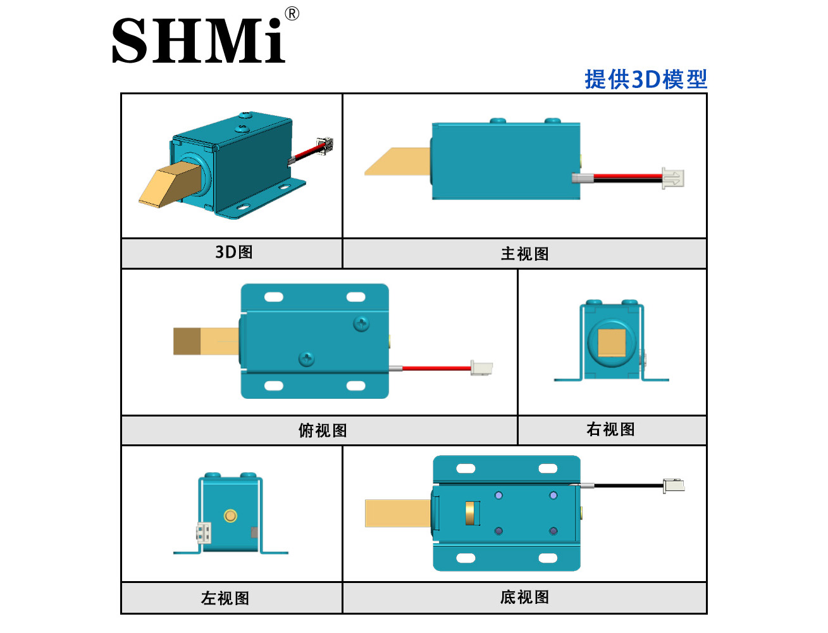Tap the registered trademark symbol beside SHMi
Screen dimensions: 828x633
tap(292, 14)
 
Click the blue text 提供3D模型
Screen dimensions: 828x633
tap(645, 79)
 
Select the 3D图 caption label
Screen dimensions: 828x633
tap(234, 252)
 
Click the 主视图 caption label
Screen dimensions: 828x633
tap(524, 254)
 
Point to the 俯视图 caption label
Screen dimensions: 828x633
tap(323, 430)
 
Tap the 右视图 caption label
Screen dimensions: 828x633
tap(610, 429)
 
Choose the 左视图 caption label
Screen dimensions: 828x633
tap(225, 598)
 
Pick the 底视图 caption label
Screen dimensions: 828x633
tap(524, 597)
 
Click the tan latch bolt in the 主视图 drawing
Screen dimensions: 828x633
tap(398, 161)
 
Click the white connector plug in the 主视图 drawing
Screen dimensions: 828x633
tap(672, 178)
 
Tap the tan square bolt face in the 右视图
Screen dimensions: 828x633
tap(612, 342)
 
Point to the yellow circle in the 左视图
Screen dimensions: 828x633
tap(230, 515)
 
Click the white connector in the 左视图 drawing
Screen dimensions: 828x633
tap(203, 532)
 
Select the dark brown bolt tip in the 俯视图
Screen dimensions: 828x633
tap(187, 341)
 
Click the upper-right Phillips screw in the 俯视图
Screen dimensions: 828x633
tap(361, 323)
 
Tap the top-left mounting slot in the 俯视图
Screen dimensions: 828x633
tap(273, 297)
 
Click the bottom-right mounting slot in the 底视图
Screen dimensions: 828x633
tap(548, 558)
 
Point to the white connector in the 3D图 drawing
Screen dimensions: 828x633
tap(324, 145)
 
